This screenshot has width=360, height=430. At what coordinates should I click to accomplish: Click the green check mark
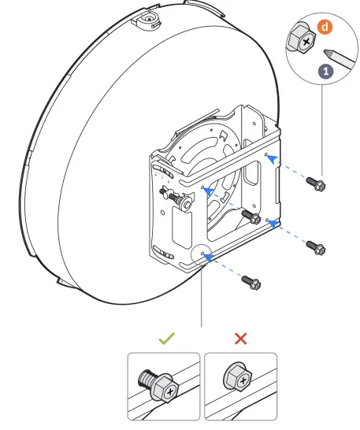[165, 339]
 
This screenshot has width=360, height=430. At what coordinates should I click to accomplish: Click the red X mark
[241, 339]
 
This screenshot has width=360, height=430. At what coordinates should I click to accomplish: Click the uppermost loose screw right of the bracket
[318, 186]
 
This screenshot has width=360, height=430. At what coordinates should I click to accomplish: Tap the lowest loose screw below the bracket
[251, 281]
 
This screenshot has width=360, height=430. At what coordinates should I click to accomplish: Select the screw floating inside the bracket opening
[254, 218]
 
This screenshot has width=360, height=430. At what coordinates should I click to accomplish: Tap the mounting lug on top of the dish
[147, 18]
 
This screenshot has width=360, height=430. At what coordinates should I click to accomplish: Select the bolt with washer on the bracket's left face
[185, 202]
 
